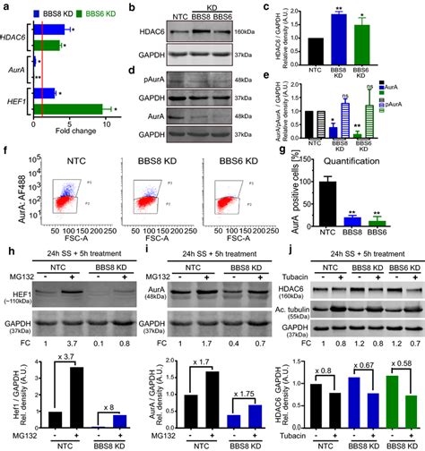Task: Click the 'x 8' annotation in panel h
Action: point(108,379)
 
